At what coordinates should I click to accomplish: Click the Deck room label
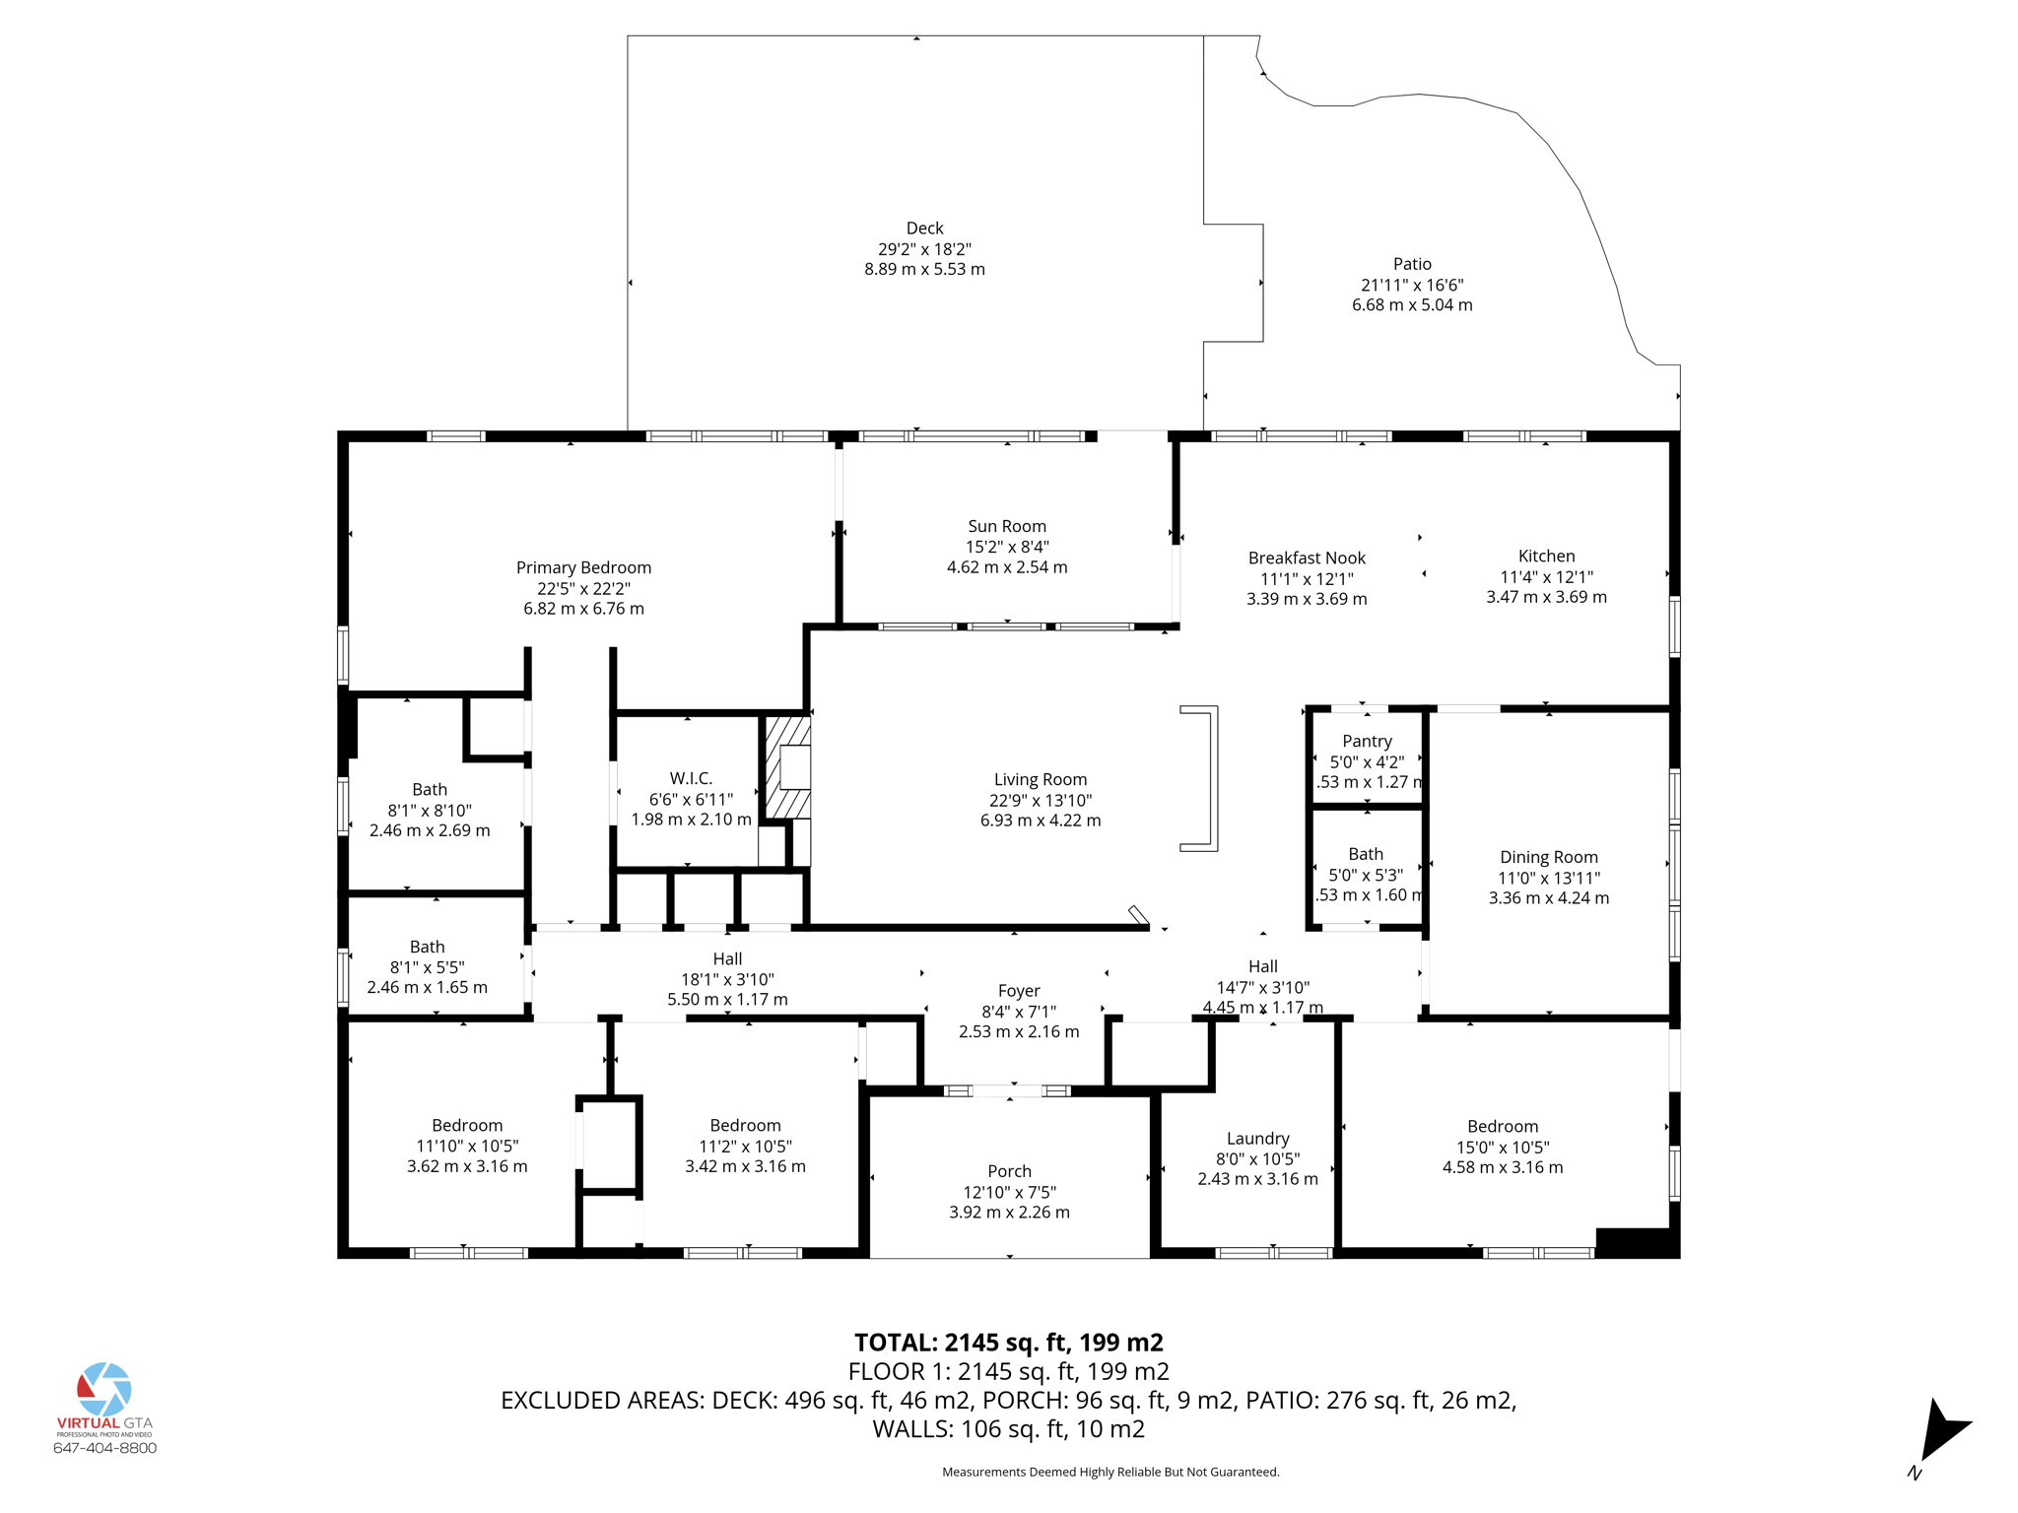(x=924, y=229)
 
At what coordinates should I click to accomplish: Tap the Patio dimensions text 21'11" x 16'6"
(x=1412, y=285)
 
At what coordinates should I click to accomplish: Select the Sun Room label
(x=1007, y=526)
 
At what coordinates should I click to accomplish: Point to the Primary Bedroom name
(x=583, y=567)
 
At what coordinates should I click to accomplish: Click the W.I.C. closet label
(x=691, y=778)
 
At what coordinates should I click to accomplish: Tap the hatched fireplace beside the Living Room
(x=788, y=766)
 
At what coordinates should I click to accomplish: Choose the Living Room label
(x=1041, y=779)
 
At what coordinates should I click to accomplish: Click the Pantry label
(x=1367, y=741)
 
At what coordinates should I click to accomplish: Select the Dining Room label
(x=1549, y=857)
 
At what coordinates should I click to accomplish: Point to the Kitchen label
(x=1546, y=556)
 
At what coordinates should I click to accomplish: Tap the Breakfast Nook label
(x=1307, y=558)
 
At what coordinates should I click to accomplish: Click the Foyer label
(x=1019, y=991)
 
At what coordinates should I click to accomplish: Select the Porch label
(x=1009, y=1171)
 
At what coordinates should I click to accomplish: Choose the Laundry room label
(x=1257, y=1138)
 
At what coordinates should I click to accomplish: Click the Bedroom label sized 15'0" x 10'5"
(x=1502, y=1126)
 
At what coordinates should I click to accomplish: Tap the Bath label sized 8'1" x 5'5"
(x=427, y=947)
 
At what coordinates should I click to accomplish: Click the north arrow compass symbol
(x=1941, y=1434)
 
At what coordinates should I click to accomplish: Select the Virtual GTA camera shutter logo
(x=104, y=1389)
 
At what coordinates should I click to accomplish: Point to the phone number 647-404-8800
(x=104, y=1448)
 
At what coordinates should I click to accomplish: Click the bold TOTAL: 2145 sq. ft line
(x=1008, y=1343)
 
